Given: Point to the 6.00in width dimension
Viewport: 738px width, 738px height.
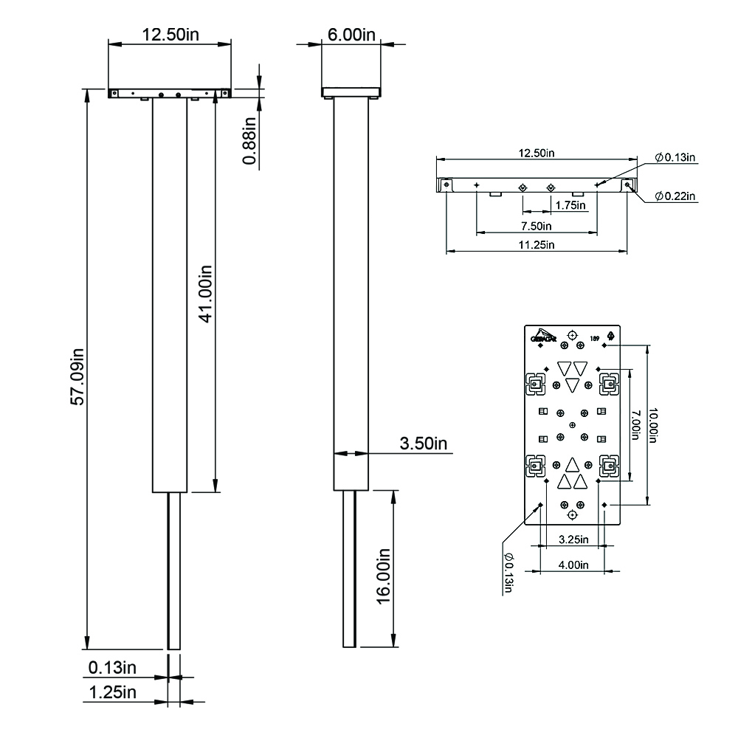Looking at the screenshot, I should (351, 35).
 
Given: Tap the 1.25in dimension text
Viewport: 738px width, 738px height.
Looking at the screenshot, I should (112, 692).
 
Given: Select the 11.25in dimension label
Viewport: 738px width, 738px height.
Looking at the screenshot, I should (537, 245).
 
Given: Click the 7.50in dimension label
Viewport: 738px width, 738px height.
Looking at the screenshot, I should (537, 225).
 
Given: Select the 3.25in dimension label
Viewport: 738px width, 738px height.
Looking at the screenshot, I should (572, 539).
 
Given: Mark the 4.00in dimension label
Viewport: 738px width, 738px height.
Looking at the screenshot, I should (572, 565).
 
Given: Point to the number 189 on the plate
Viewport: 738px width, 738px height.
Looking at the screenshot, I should (594, 339).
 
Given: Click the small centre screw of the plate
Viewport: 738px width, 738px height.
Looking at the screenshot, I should (573, 425).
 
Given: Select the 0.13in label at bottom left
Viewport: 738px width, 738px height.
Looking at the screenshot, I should (112, 668).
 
